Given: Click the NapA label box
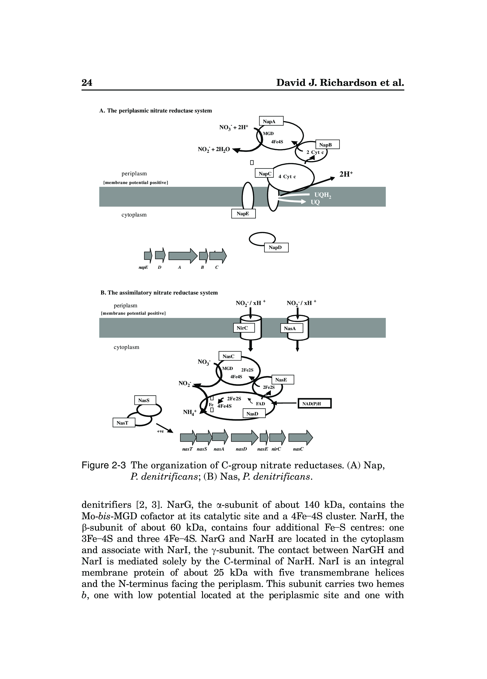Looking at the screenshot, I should [x=271, y=121].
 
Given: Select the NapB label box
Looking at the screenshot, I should [x=327, y=145].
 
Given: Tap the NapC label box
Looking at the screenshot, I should [x=264, y=173].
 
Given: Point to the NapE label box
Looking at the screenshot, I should [x=243, y=214].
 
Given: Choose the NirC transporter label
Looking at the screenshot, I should [x=243, y=328].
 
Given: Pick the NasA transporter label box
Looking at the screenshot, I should [x=291, y=328].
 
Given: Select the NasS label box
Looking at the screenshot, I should [x=145, y=400].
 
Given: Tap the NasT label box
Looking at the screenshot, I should [x=124, y=423].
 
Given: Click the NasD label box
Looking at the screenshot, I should [x=254, y=414].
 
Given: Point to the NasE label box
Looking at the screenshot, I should [x=283, y=380].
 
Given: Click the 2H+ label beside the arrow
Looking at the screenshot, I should [x=346, y=174].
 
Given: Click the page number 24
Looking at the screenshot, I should [x=87, y=82].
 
